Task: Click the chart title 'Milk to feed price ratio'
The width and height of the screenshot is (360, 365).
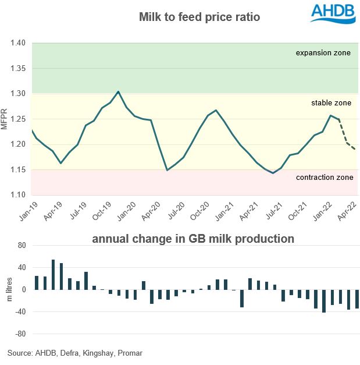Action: point(199,17)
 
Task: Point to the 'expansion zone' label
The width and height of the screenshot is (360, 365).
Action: point(323,53)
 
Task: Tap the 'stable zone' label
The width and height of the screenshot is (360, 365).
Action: point(331,103)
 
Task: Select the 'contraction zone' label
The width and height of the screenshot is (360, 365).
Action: point(325,177)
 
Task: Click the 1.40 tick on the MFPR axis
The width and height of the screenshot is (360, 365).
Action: point(18,43)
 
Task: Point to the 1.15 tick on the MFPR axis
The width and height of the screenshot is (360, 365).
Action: point(18,169)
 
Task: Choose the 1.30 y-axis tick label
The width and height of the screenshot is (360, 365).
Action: point(18,94)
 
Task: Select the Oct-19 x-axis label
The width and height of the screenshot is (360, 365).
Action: point(99,208)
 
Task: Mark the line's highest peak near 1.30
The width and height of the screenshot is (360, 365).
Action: point(119,91)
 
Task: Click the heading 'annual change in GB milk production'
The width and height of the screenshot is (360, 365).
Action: point(192,239)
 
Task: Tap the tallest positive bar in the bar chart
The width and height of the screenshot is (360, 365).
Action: point(53,274)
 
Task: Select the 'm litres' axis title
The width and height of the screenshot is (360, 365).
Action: point(9,289)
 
